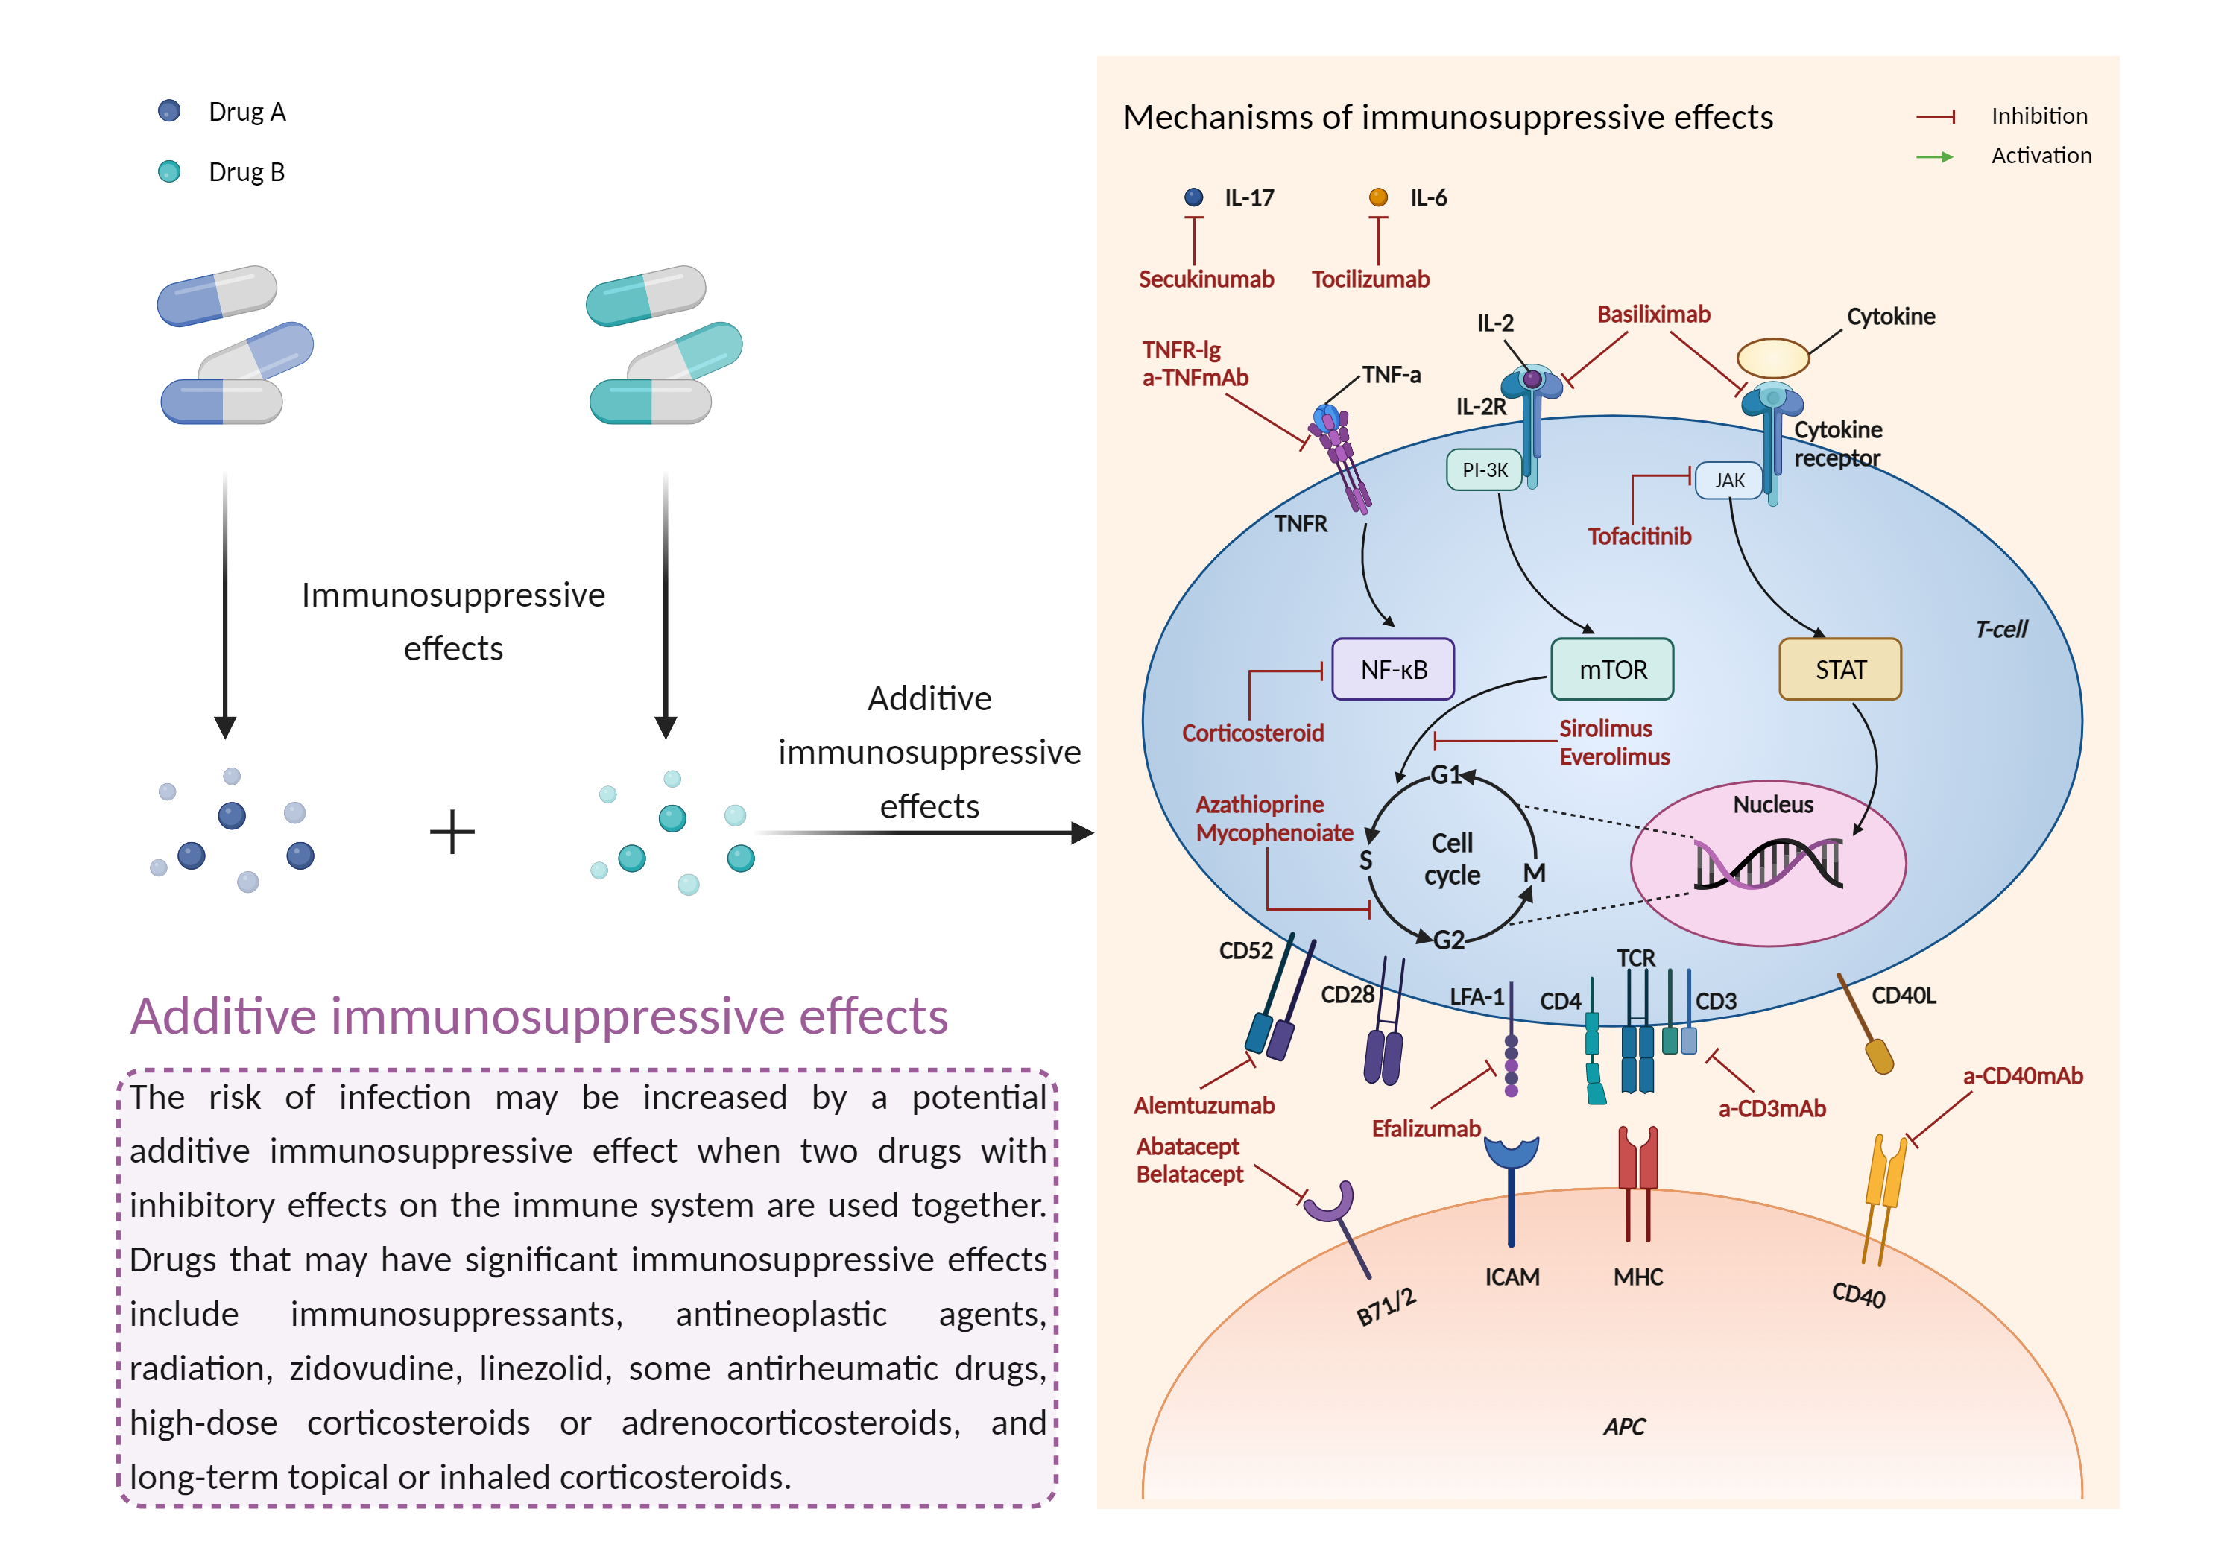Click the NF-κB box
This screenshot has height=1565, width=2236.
(x=1392, y=669)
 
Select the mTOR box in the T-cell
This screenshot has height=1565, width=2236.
(x=1611, y=669)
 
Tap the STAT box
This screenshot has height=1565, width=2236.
(x=1839, y=669)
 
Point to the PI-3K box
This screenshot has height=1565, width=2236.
(x=1484, y=469)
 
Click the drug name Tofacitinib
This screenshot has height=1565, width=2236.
(x=1639, y=536)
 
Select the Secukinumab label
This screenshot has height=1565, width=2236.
(x=1206, y=279)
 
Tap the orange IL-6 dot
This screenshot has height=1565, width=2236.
(x=1378, y=197)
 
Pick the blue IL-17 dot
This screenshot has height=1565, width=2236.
(x=1193, y=197)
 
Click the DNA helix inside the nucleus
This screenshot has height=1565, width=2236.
(x=1768, y=863)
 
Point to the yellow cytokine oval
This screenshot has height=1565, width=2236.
(x=1772, y=358)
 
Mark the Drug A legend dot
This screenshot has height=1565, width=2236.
(x=168, y=111)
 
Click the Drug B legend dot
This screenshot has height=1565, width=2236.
(x=168, y=171)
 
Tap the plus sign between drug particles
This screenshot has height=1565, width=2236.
(x=452, y=832)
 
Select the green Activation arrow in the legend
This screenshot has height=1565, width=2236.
(x=1934, y=156)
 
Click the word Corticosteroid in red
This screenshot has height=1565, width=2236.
(x=1252, y=733)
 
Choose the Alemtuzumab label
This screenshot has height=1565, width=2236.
(x=1204, y=1105)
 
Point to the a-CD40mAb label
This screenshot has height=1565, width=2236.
(x=2022, y=1075)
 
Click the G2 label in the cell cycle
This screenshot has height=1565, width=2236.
(x=1449, y=939)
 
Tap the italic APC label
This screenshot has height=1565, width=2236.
(x=1623, y=1426)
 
